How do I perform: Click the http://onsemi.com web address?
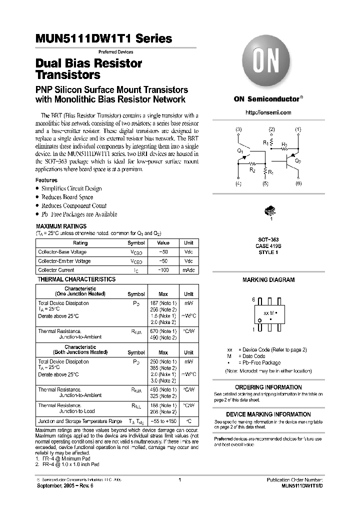(268, 112)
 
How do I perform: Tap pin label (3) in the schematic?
(238, 129)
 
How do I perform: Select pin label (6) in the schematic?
(298, 183)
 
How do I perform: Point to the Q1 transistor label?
(240, 150)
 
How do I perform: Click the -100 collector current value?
(163, 270)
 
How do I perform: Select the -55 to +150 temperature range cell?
(163, 421)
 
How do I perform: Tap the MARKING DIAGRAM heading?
(268, 280)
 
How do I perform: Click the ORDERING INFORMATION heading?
(268, 387)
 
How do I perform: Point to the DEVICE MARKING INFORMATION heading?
(268, 414)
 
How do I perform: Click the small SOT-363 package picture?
(268, 211)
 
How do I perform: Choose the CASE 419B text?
(268, 246)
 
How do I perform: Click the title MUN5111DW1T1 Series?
(104, 38)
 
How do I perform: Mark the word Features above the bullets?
(46, 180)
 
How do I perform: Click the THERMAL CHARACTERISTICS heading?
(76, 279)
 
